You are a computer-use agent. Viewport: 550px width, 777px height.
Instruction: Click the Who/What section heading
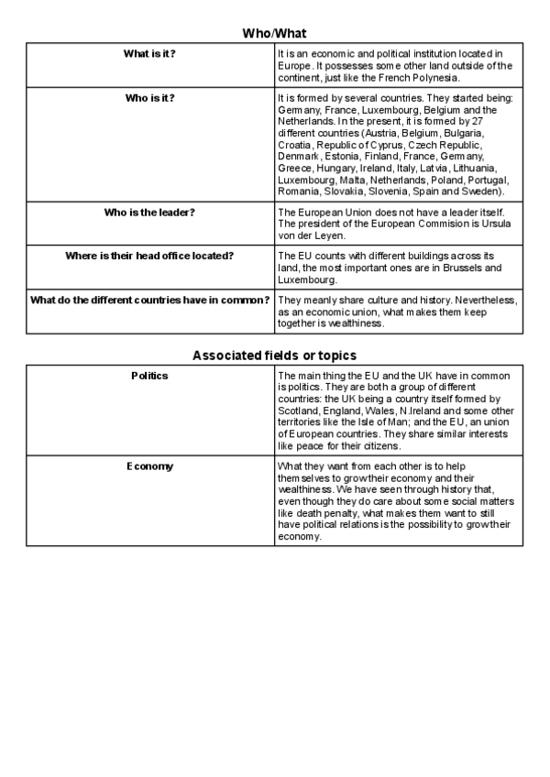[274, 33]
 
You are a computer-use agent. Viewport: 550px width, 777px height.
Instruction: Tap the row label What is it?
[150, 54]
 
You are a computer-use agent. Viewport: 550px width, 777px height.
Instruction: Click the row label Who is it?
[150, 96]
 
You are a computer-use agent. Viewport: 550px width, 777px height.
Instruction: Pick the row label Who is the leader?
[150, 213]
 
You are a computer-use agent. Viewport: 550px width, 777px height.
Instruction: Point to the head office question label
[150, 255]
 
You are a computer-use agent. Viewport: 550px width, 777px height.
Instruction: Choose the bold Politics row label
[150, 376]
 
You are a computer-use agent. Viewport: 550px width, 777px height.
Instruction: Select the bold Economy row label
[150, 466]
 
